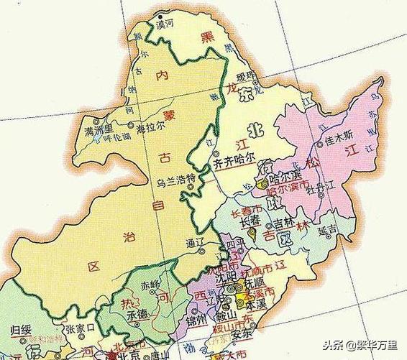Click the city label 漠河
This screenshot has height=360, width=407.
(x=166, y=24)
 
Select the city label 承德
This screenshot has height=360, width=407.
(x=140, y=314)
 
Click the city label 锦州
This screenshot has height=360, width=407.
(x=196, y=318)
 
